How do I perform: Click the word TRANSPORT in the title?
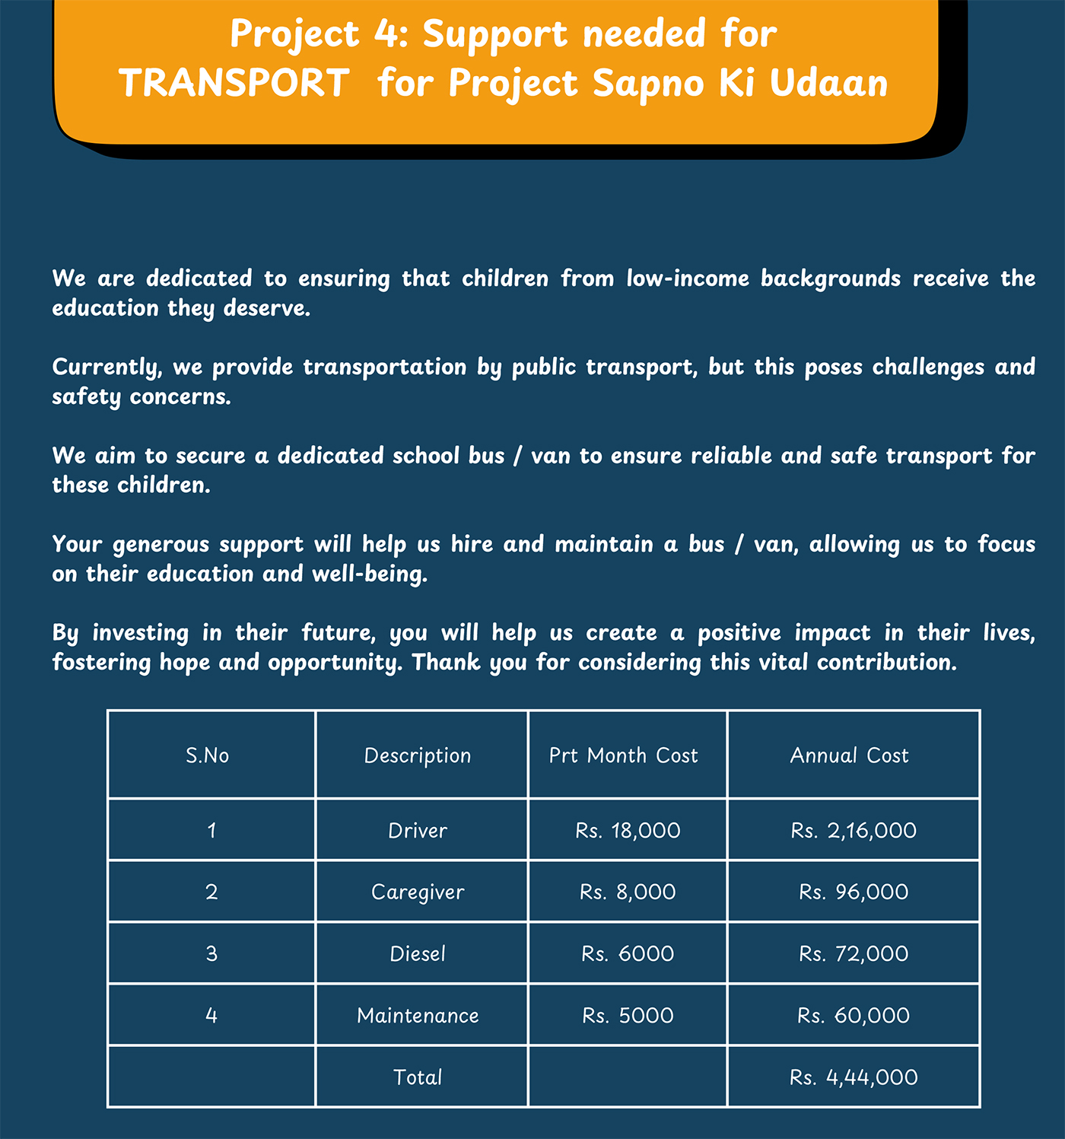click(234, 83)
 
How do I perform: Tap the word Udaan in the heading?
click(828, 83)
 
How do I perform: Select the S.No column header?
click(208, 756)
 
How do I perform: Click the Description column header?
click(418, 756)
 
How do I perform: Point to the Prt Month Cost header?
click(623, 756)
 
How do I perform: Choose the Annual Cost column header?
click(849, 756)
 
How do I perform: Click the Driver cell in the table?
click(418, 830)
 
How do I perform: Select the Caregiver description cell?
click(418, 892)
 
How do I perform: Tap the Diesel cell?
click(418, 953)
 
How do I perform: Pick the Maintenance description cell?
click(418, 1015)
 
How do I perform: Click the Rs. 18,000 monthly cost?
click(628, 830)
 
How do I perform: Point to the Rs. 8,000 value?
click(628, 892)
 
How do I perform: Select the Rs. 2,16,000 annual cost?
click(854, 830)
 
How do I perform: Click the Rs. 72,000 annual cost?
click(854, 953)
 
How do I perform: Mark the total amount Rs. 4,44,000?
click(854, 1077)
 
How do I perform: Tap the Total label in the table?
click(418, 1077)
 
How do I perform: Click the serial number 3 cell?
click(211, 953)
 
